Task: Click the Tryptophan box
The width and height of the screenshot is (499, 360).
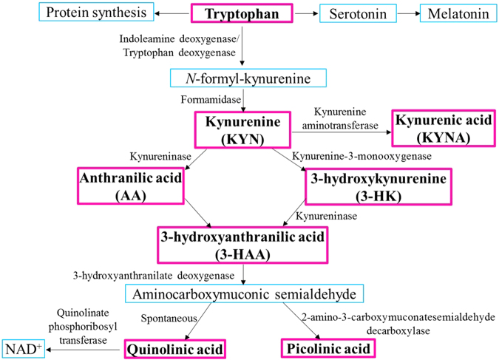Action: point(242,14)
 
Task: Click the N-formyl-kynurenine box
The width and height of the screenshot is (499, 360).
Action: point(242,78)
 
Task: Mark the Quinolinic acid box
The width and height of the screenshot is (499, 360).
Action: point(174,347)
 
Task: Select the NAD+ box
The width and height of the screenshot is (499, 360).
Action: point(22,347)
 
